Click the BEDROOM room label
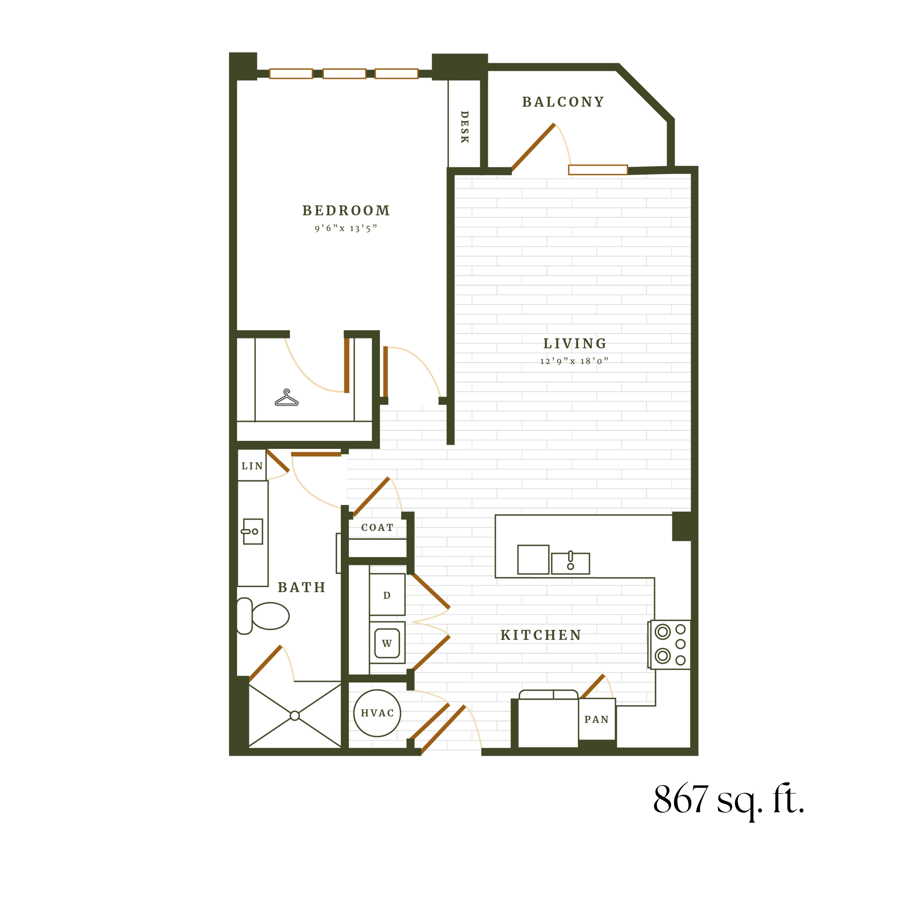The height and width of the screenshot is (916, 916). [346, 211]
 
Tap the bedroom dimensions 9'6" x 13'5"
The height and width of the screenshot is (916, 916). [346, 229]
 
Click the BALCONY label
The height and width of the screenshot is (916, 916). [563, 102]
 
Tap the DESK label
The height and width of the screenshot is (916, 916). [465, 127]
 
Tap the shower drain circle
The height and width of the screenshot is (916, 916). [295, 716]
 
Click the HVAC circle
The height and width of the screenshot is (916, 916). [377, 713]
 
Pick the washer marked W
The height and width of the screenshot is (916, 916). [387, 643]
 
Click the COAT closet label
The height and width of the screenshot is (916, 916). [377, 528]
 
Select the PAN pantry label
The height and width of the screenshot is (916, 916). [596, 720]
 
